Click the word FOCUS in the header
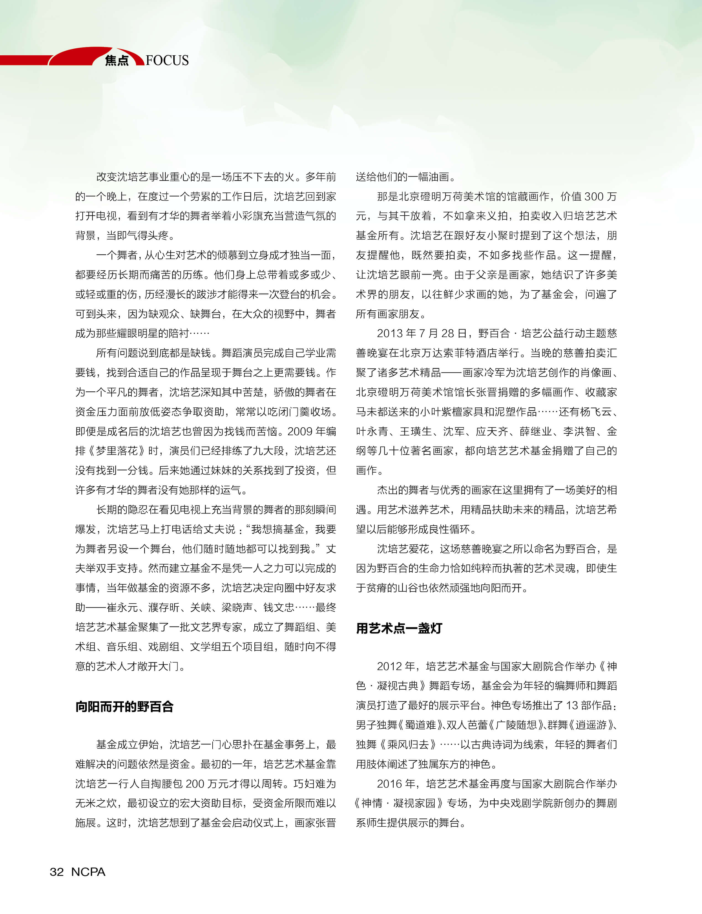[x=167, y=61]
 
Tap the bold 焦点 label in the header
[x=117, y=61]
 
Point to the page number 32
[x=57, y=872]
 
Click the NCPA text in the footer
[x=88, y=872]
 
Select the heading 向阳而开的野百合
[x=124, y=706]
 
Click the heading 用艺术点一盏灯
[x=399, y=628]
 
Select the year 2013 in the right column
[x=389, y=333]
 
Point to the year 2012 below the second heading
[x=389, y=666]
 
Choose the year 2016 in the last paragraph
[x=389, y=784]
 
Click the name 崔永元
[x=122, y=607]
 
